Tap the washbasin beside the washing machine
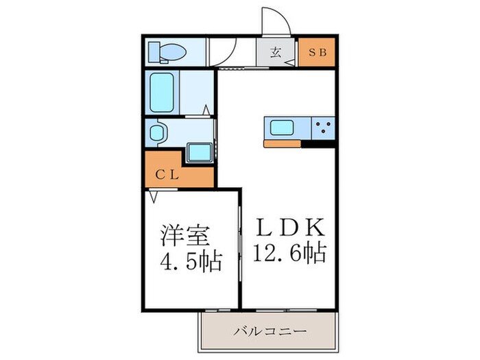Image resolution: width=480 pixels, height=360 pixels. [157, 132]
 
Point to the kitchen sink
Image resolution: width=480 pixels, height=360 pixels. [283, 128]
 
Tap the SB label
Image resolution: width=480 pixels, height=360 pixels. [317, 52]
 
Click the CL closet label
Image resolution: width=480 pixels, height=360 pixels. [167, 174]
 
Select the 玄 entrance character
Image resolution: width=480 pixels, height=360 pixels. [276, 52]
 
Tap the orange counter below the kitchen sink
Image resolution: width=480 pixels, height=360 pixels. [284, 144]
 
